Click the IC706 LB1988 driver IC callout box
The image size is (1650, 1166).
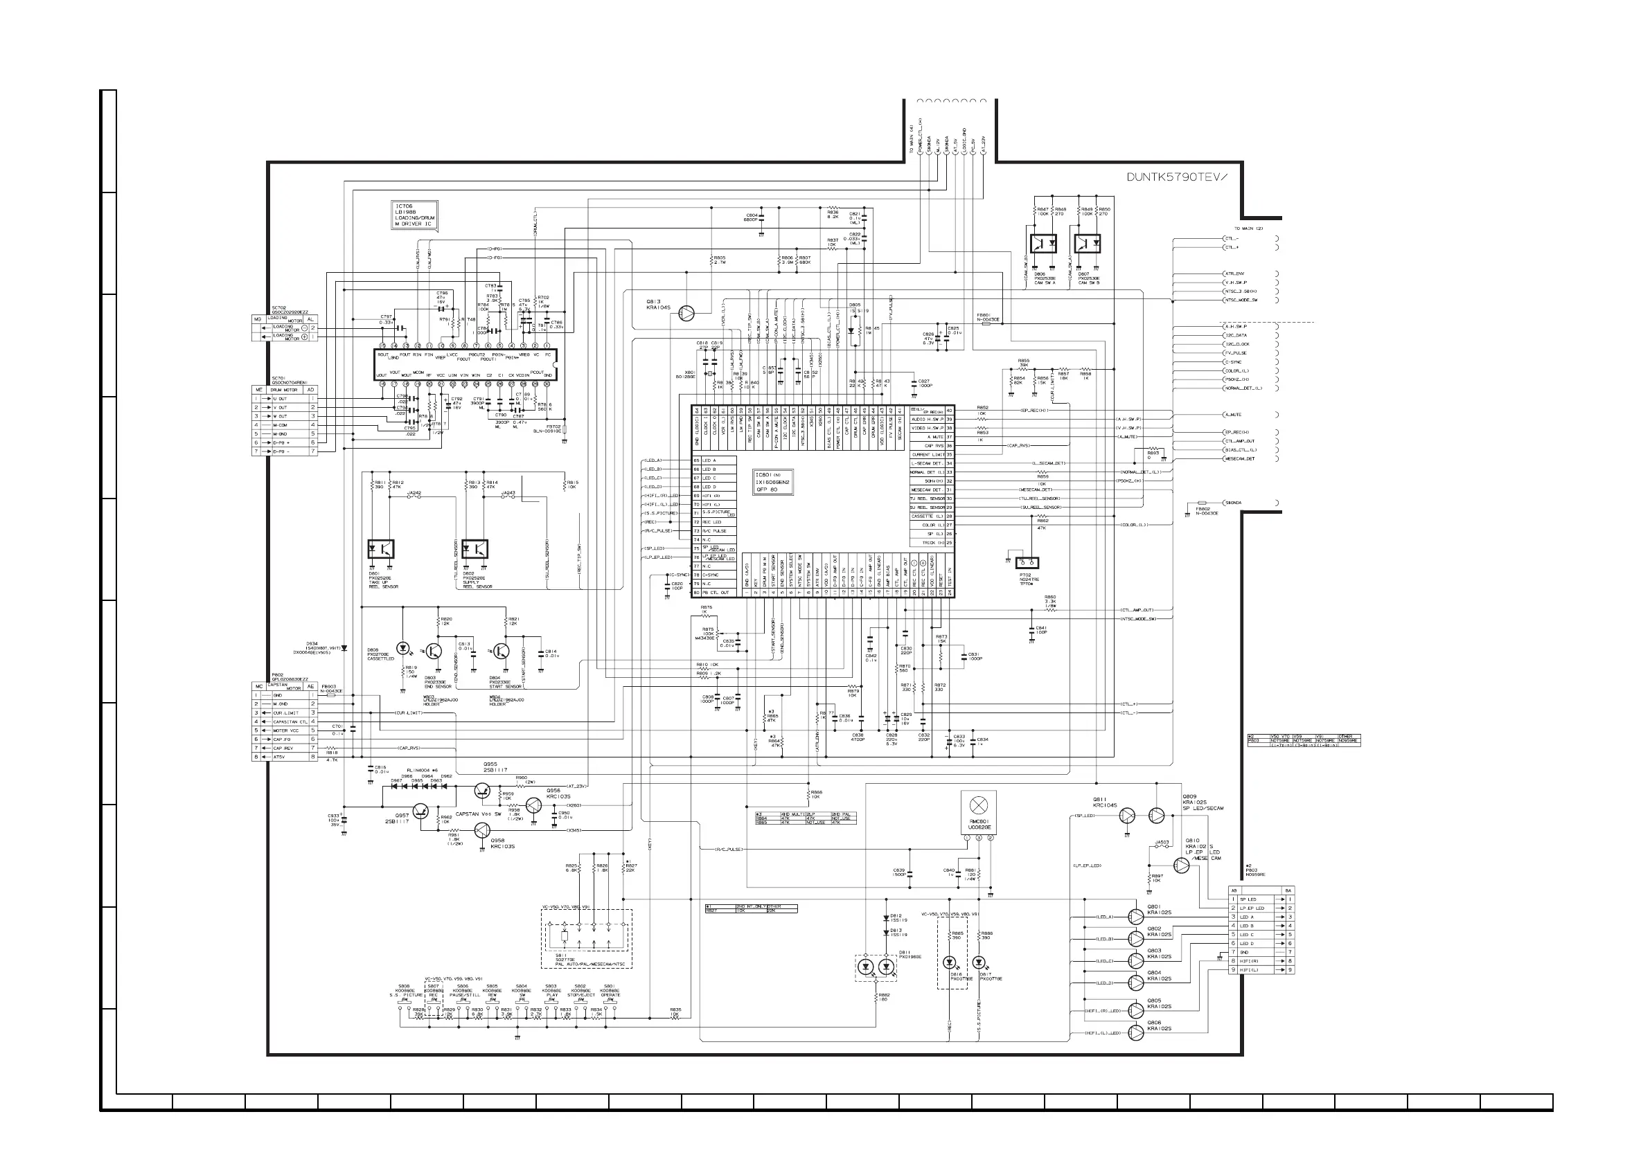click(414, 215)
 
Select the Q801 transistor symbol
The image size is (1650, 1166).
click(1135, 917)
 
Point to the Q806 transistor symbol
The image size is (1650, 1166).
click(1135, 1033)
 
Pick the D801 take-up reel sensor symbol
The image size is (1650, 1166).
click(380, 549)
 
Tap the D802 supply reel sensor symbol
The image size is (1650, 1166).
click(474, 549)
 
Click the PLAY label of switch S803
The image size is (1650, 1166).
click(551, 995)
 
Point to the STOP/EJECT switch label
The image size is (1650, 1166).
click(580, 995)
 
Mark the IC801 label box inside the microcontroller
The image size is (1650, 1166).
click(772, 482)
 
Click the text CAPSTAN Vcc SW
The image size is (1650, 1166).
click(478, 814)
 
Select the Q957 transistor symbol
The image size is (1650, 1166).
click(422, 811)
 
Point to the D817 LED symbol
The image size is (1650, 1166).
click(978, 962)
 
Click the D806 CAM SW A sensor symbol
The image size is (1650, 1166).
click(1043, 244)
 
